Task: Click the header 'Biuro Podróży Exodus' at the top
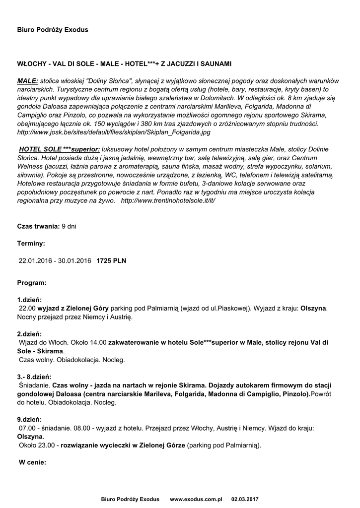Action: (53, 30)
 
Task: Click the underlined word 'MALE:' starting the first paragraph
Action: (28, 80)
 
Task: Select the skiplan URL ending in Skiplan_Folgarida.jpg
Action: (114, 132)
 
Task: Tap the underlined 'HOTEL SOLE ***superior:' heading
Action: (60, 149)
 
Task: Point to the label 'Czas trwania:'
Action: (38, 226)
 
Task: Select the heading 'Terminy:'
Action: (31, 244)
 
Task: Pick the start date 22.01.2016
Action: (35, 260)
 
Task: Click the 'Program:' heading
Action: (32, 283)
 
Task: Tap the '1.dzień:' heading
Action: (30, 300)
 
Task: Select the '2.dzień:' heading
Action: (30, 334)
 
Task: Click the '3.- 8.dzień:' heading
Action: (34, 377)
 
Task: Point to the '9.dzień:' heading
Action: (30, 419)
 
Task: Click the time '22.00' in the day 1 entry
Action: (27, 308)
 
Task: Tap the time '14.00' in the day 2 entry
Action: (98, 343)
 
